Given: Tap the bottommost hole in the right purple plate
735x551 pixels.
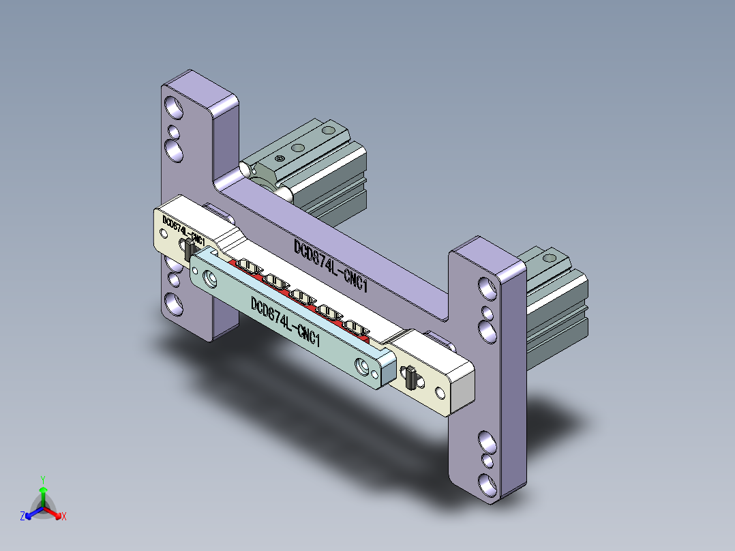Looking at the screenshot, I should (487, 485).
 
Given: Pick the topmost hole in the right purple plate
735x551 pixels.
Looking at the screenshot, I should (487, 288).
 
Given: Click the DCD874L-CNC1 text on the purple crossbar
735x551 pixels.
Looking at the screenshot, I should (331, 267).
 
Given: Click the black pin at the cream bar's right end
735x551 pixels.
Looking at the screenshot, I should (410, 377).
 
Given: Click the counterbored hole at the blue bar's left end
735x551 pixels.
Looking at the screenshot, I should (208, 278).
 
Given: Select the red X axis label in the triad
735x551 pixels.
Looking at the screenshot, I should (64, 517).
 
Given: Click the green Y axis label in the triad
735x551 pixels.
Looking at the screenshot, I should (42, 479).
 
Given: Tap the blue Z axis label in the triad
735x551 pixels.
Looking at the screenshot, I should (22, 517).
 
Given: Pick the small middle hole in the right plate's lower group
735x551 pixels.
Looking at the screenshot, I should (487, 461).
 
